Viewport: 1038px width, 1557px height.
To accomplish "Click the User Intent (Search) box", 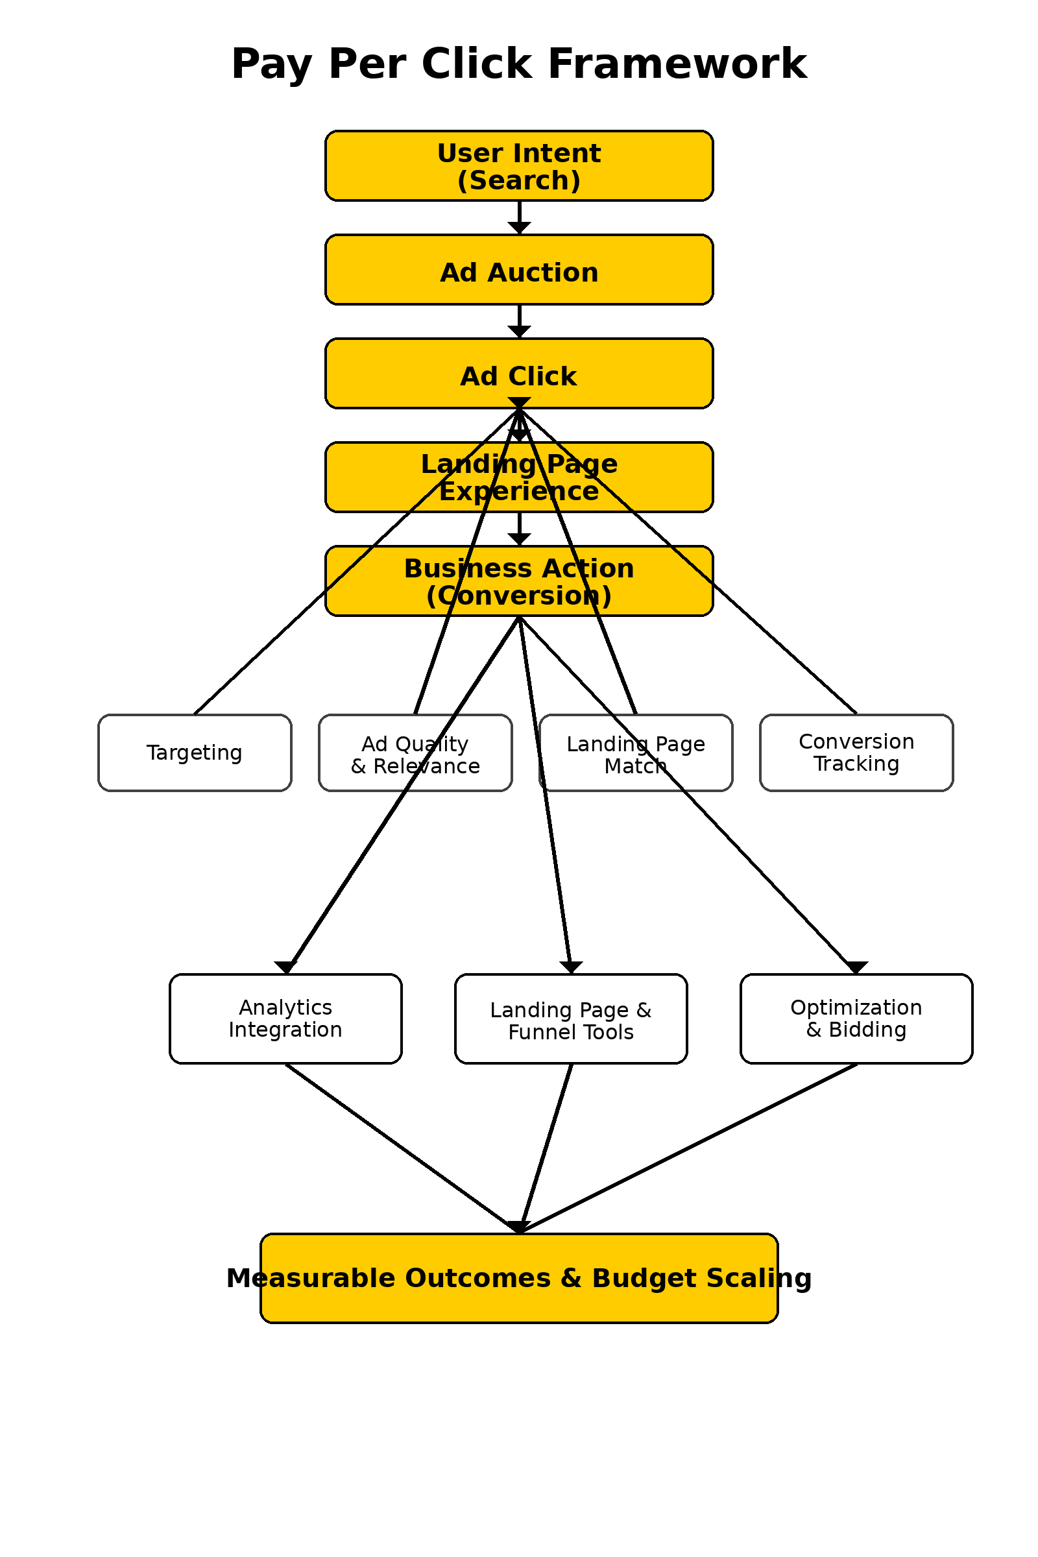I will [x=518, y=165].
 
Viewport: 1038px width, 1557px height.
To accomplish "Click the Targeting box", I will [x=194, y=753].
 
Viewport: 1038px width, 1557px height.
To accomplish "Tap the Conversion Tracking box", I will [x=856, y=753].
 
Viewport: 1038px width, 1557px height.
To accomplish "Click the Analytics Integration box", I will [x=285, y=1018].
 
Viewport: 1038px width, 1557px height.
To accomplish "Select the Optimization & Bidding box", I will [x=856, y=1018].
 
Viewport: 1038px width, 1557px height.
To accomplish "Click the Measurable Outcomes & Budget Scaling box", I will [x=518, y=1277].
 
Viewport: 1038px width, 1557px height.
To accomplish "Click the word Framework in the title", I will [x=677, y=64].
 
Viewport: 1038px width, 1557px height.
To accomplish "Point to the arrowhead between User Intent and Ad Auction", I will [x=519, y=228].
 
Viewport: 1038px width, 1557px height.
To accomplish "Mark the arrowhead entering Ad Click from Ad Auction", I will [x=519, y=332].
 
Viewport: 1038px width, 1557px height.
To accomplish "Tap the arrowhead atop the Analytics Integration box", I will [x=285, y=967].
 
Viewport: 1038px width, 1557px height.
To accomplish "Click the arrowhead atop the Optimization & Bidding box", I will [x=856, y=967].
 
